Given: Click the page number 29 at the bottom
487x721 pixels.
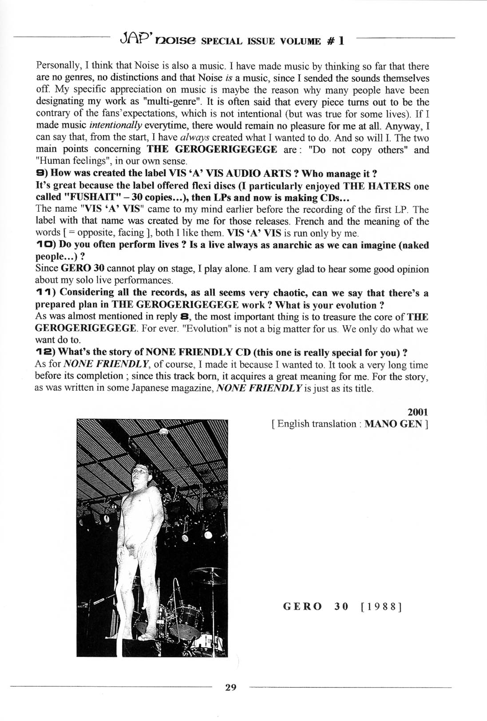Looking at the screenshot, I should click(231, 687).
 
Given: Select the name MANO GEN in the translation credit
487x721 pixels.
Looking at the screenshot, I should click(393, 424).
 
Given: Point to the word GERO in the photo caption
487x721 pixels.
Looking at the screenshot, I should click(303, 606).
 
